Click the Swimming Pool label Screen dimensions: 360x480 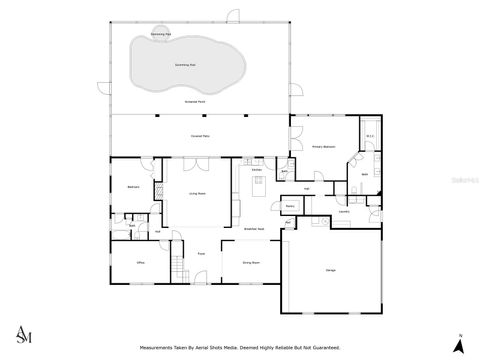185,64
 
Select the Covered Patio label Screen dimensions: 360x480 199,135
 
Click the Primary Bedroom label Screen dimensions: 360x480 322,147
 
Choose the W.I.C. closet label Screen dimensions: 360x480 370,137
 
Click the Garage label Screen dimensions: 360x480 330,270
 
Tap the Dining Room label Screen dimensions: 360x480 250,263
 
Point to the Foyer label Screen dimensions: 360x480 200,254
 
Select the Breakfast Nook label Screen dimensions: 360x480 254,228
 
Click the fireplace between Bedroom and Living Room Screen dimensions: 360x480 158,194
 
